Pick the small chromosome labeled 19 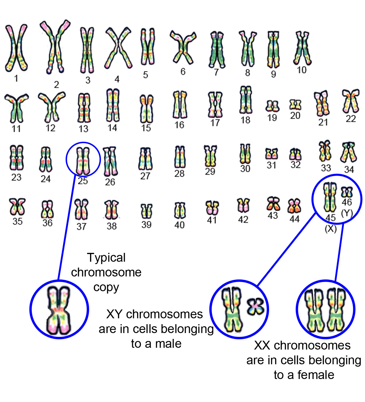pyautogui.click(x=272, y=106)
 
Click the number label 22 pyautogui.click(x=351, y=119)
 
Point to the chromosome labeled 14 pyautogui.click(x=112, y=106)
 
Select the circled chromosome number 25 pyautogui.click(x=83, y=161)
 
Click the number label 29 pyautogui.click(x=210, y=172)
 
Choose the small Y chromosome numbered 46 pyautogui.click(x=347, y=192)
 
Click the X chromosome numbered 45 pyautogui.click(x=330, y=197)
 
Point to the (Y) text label pyautogui.click(x=347, y=213)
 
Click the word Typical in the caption pyautogui.click(x=106, y=258)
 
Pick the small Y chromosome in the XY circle pyautogui.click(x=255, y=307)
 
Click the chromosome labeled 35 pyautogui.click(x=17, y=207)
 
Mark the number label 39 pyautogui.click(x=146, y=225)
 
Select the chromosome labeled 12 pyautogui.click(x=51, y=108)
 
